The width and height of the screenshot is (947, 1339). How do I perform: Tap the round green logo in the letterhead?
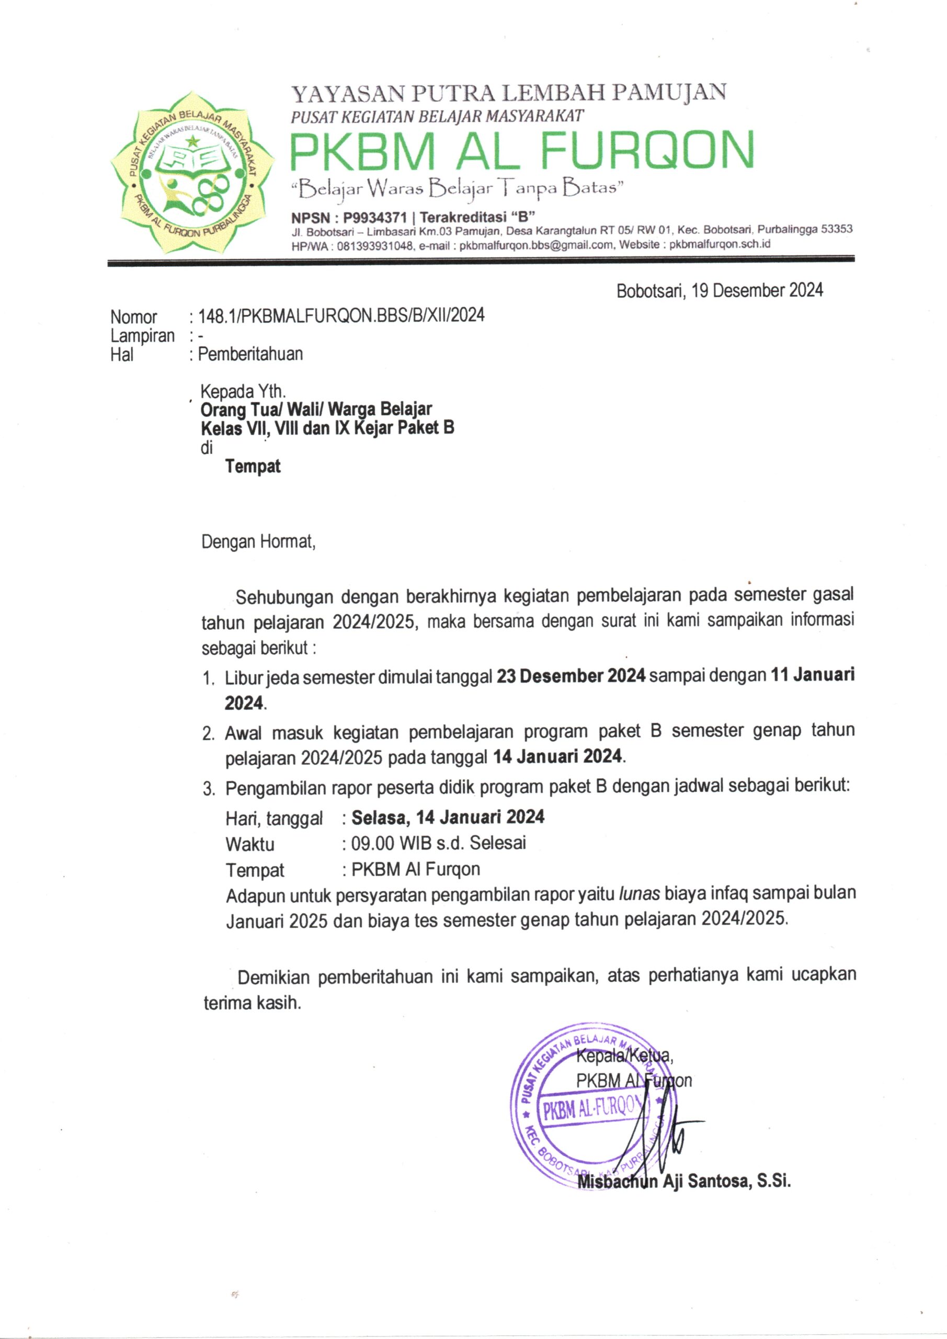pos(192,173)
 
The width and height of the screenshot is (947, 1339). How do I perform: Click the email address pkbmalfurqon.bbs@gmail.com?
pos(537,245)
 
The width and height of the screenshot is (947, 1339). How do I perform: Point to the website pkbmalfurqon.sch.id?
pos(720,244)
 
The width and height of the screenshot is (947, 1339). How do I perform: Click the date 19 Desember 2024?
pos(757,290)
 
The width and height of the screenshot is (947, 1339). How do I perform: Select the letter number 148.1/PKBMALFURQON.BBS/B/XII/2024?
pos(341,315)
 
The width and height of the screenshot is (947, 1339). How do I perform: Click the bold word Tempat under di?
pos(253,467)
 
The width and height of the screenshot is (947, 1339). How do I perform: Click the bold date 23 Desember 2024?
pos(571,676)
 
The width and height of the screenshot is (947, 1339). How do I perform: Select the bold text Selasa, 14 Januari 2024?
pos(448,817)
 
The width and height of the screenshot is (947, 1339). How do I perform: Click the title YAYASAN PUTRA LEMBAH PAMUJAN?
pos(508,93)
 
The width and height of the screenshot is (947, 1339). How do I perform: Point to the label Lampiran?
pos(142,336)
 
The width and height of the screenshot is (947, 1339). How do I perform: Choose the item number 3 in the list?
pos(209,790)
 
